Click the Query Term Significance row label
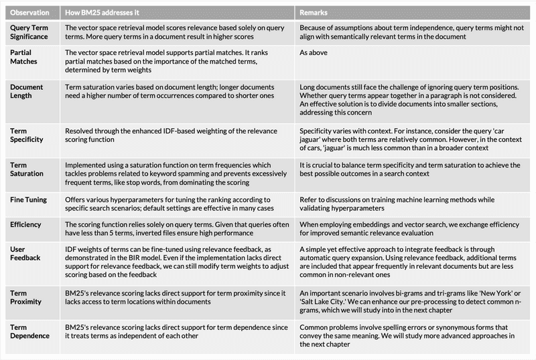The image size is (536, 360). pos(31,33)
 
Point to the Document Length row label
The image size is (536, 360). pos(28,92)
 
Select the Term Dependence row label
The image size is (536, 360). pos(31,331)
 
